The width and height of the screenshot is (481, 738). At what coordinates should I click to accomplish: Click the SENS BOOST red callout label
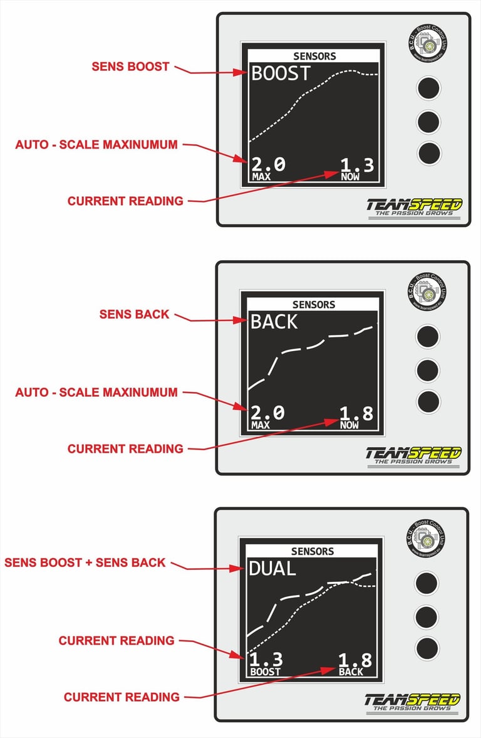click(x=130, y=66)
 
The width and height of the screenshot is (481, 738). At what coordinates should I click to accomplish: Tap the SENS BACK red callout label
click(x=134, y=314)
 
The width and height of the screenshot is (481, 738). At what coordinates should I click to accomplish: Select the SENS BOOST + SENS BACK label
click(x=85, y=562)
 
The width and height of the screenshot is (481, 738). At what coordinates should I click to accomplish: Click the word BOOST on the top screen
click(x=281, y=73)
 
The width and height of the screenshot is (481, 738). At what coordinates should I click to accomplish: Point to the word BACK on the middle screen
click(x=274, y=322)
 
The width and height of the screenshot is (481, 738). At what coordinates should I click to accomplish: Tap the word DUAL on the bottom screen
click(x=272, y=569)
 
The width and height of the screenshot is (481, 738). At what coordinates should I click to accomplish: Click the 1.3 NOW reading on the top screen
click(x=357, y=167)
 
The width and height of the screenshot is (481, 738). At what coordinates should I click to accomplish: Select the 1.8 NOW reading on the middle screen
click(x=356, y=416)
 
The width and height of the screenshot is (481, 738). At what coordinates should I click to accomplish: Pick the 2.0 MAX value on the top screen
click(x=268, y=167)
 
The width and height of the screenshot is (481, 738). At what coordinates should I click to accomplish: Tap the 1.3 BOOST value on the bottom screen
click(x=266, y=663)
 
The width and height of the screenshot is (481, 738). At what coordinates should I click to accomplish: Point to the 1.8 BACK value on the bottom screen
click(x=355, y=663)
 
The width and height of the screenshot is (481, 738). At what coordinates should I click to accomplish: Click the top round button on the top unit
click(x=429, y=88)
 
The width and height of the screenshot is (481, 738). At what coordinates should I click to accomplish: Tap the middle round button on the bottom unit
click(x=427, y=616)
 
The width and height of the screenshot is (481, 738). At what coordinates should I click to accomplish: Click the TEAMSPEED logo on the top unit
click(x=414, y=207)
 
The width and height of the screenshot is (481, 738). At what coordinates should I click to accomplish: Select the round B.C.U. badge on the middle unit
click(x=428, y=291)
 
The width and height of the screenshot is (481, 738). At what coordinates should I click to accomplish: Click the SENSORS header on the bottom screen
click(x=313, y=551)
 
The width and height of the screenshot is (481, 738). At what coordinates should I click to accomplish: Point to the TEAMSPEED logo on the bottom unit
click(x=413, y=702)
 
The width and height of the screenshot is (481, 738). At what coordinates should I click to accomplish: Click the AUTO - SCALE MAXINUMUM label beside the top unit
click(x=96, y=145)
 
